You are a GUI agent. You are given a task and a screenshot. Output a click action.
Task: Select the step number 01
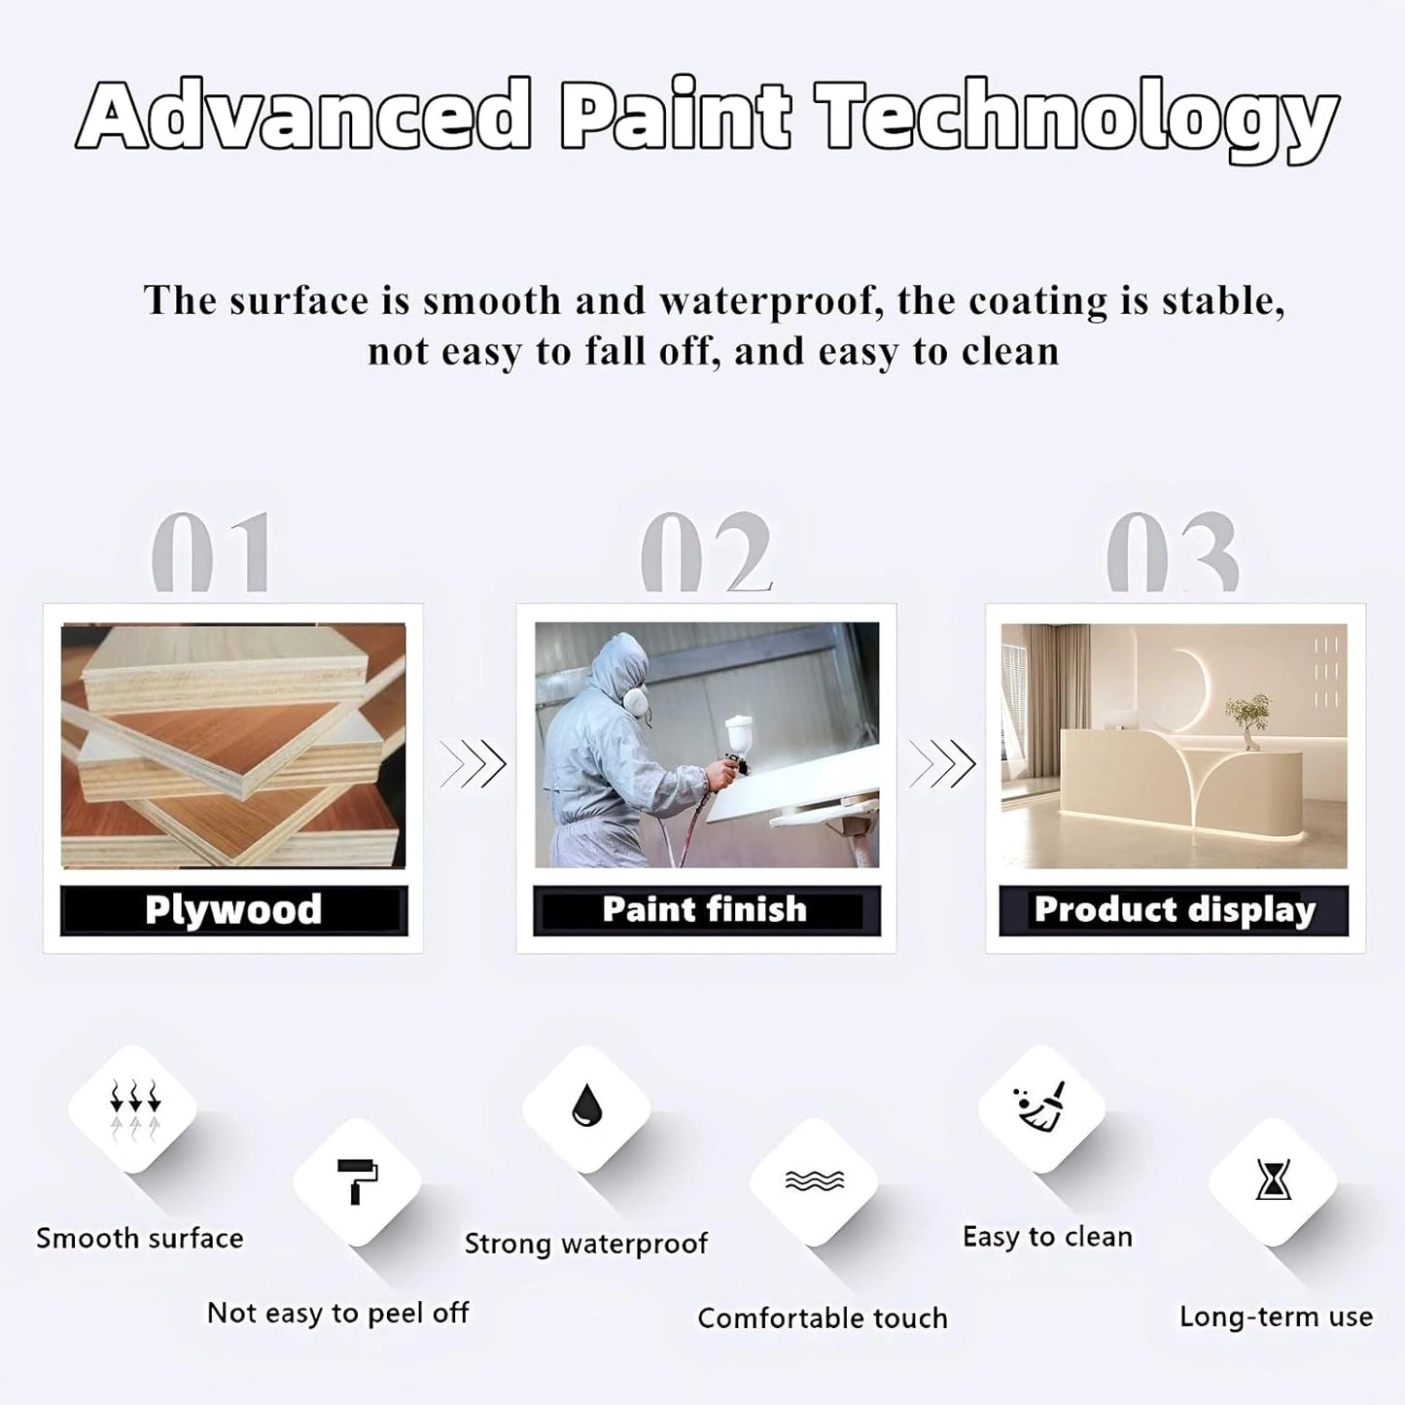pyautogui.click(x=211, y=551)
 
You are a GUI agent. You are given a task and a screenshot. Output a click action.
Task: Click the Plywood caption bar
pyautogui.click(x=233, y=911)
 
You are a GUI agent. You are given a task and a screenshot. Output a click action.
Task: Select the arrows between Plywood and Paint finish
pyautogui.click(x=473, y=764)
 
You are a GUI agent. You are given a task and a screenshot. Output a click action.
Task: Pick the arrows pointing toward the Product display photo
pyautogui.click(x=942, y=764)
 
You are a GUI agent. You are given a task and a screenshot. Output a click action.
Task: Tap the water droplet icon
pyautogui.click(x=586, y=1105)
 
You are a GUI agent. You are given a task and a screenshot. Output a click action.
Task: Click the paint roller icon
pyautogui.click(x=357, y=1180)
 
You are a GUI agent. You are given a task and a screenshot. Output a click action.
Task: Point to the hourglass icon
pyautogui.click(x=1273, y=1179)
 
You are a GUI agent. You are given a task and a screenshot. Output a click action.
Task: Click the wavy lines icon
pyautogui.click(x=815, y=1180)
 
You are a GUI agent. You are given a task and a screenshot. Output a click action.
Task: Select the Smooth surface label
pyautogui.click(x=140, y=1238)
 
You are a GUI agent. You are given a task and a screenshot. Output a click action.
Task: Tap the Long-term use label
pyautogui.click(x=1276, y=1317)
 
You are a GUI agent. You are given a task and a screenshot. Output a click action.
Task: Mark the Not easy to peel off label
pyautogui.click(x=338, y=1314)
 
